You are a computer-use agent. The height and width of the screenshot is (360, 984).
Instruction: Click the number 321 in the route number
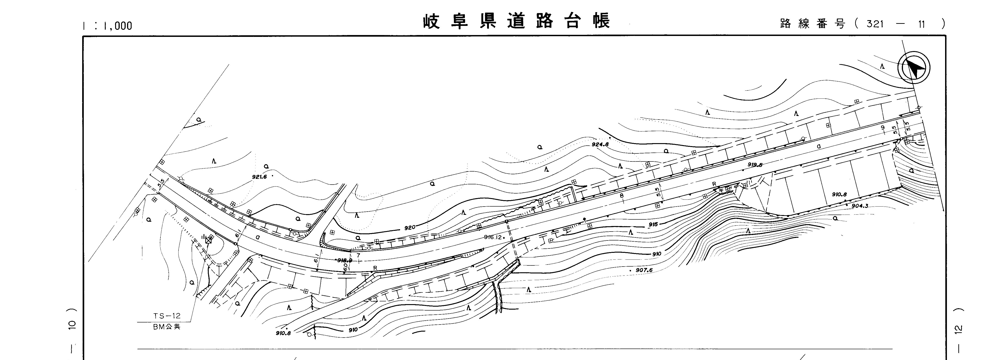(875, 24)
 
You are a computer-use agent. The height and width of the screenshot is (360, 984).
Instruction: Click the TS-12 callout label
(167, 316)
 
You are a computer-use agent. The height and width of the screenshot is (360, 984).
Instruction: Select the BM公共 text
(167, 327)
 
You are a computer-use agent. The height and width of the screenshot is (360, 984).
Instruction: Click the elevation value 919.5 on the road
(755, 165)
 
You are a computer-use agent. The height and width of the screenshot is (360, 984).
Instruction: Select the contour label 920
(409, 228)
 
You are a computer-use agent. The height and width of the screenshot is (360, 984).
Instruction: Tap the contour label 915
(653, 224)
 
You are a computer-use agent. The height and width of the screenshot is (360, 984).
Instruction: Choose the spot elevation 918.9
(344, 260)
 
